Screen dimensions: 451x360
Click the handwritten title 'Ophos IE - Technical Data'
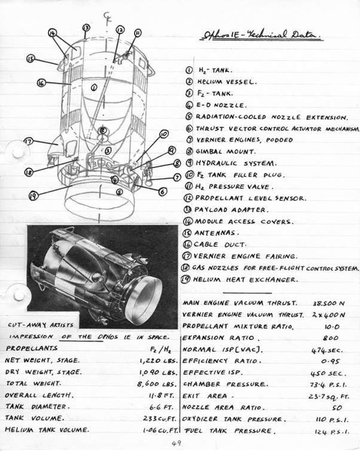(x=260, y=36)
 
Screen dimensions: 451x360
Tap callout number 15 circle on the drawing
(x=30, y=59)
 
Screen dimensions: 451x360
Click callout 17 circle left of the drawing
(x=28, y=141)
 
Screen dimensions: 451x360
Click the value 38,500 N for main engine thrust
(x=328, y=303)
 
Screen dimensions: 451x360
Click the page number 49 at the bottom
(x=175, y=443)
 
